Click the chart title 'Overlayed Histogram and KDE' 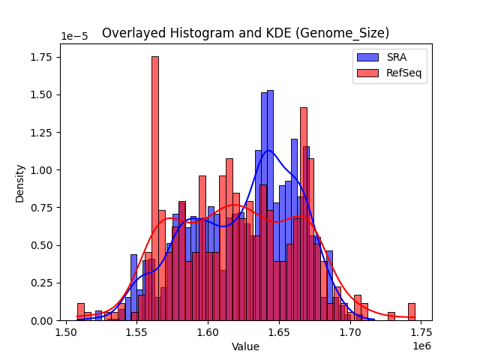pyautogui.click(x=245, y=33)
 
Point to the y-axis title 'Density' pyautogui.click(x=20, y=184)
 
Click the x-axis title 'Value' pyautogui.click(x=245, y=346)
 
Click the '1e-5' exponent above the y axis pyautogui.click(x=72, y=37)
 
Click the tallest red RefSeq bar pyautogui.click(x=155, y=187)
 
